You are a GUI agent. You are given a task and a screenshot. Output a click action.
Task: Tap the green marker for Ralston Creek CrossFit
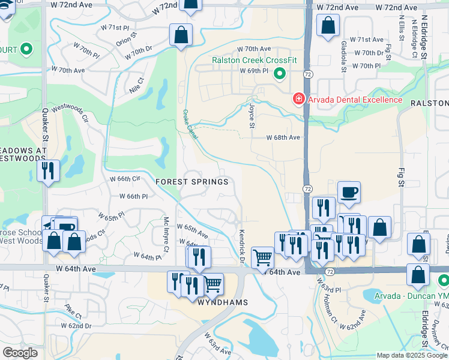click(279, 74)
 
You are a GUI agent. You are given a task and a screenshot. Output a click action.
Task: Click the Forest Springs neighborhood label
click(191, 182)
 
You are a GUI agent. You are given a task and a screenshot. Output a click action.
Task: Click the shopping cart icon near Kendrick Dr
click(262, 258)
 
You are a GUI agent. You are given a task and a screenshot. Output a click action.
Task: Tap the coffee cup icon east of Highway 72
click(349, 193)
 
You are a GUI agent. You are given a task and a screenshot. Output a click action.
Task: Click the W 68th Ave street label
click(283, 137)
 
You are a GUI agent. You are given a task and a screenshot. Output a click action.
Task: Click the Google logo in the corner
click(20, 353)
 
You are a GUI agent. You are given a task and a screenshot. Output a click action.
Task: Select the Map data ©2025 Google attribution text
click(412, 355)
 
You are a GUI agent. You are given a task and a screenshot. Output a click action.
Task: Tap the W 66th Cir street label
click(124, 179)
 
